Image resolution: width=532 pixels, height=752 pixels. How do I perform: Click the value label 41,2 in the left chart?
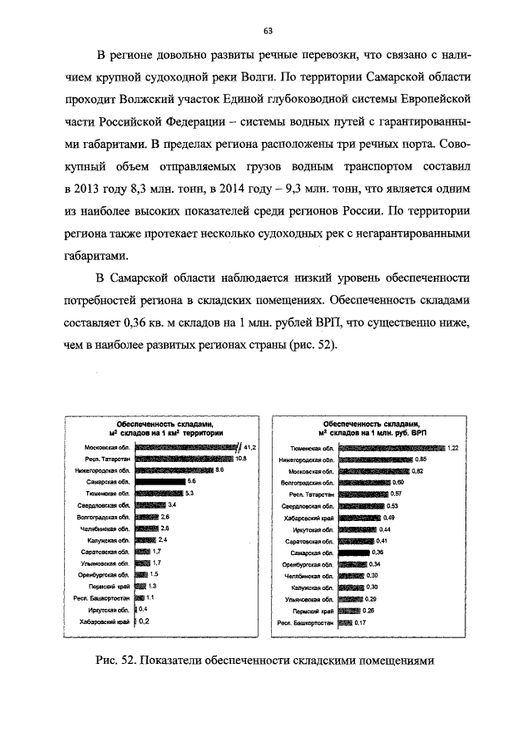[x=249, y=447]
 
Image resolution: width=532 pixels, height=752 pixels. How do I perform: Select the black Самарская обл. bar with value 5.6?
[x=159, y=481]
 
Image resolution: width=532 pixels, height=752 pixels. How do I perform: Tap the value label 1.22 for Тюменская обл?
[x=453, y=448]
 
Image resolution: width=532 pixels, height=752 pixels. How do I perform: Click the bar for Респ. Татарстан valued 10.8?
[x=183, y=459]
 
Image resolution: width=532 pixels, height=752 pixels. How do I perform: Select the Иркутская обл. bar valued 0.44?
[x=356, y=528]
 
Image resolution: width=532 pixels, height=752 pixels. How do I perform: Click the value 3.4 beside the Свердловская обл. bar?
[x=172, y=504]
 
